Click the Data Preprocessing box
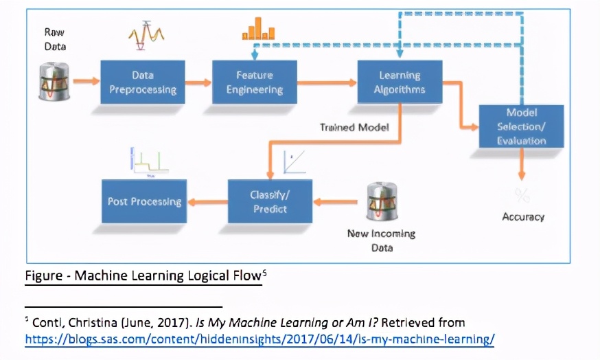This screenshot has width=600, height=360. click(x=143, y=82)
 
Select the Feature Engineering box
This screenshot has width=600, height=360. click(x=255, y=82)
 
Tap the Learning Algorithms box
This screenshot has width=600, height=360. click(x=400, y=82)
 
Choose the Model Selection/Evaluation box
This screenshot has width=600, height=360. click(x=521, y=126)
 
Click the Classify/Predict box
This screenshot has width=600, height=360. click(x=270, y=201)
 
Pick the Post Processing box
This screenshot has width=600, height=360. click(x=144, y=201)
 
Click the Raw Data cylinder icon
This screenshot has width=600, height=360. click(x=54, y=82)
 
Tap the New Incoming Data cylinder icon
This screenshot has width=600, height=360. click(x=382, y=201)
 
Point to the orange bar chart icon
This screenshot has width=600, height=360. click(x=258, y=29)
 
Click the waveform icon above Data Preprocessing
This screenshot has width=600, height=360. click(x=146, y=35)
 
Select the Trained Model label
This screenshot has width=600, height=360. click(x=354, y=128)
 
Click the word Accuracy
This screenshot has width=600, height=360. click(x=523, y=217)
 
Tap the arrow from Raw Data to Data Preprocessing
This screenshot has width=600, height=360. click(x=86, y=81)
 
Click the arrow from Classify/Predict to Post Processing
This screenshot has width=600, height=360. click(x=207, y=202)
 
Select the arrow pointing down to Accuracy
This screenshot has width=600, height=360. click(x=521, y=164)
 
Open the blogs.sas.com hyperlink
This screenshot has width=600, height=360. click(x=259, y=339)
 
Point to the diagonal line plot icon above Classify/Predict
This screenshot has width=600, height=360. click(x=295, y=162)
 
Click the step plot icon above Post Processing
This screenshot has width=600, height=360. click(x=149, y=161)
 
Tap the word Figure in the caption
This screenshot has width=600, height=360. click(x=44, y=275)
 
